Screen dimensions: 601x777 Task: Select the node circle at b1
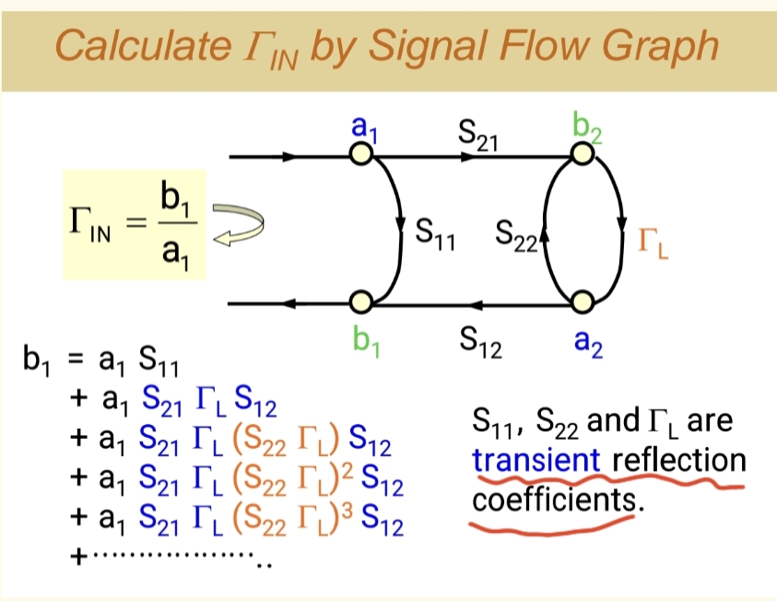361,302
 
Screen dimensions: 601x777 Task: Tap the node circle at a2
581,302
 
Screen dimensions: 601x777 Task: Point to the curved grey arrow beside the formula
238,226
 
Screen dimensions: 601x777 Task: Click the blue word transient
536,460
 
